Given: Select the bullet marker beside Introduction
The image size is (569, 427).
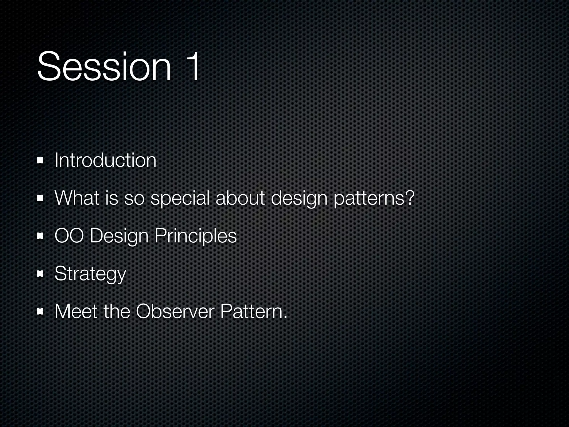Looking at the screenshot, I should coord(41,160).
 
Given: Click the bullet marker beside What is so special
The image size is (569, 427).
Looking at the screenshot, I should coord(41,198).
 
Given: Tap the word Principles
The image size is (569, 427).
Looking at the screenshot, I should coord(196,236).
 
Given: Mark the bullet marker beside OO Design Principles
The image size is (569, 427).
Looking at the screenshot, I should coord(41,236).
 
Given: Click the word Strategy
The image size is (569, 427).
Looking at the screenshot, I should coord(90,274).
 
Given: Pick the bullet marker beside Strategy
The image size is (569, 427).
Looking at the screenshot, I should coord(41,274).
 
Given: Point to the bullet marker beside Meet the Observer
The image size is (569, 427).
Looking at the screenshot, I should coord(41,312).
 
